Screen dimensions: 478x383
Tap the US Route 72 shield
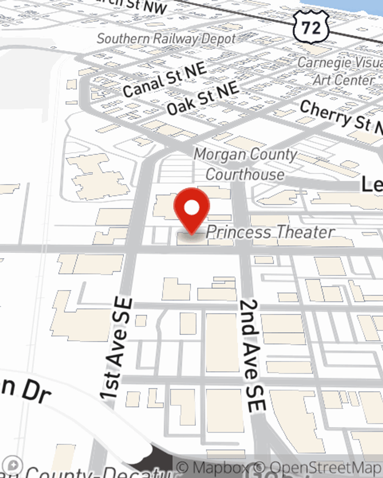[x=311, y=27]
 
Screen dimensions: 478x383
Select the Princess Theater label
[x=270, y=232]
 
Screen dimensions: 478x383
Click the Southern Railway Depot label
[x=166, y=39]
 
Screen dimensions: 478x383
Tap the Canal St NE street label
[x=165, y=80]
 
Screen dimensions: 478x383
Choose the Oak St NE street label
[x=203, y=99]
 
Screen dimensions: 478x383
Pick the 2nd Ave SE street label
[x=252, y=356]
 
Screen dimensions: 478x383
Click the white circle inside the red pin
[x=192, y=208]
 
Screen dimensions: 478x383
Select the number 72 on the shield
[x=311, y=28]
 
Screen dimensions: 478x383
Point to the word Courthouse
[x=245, y=174]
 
